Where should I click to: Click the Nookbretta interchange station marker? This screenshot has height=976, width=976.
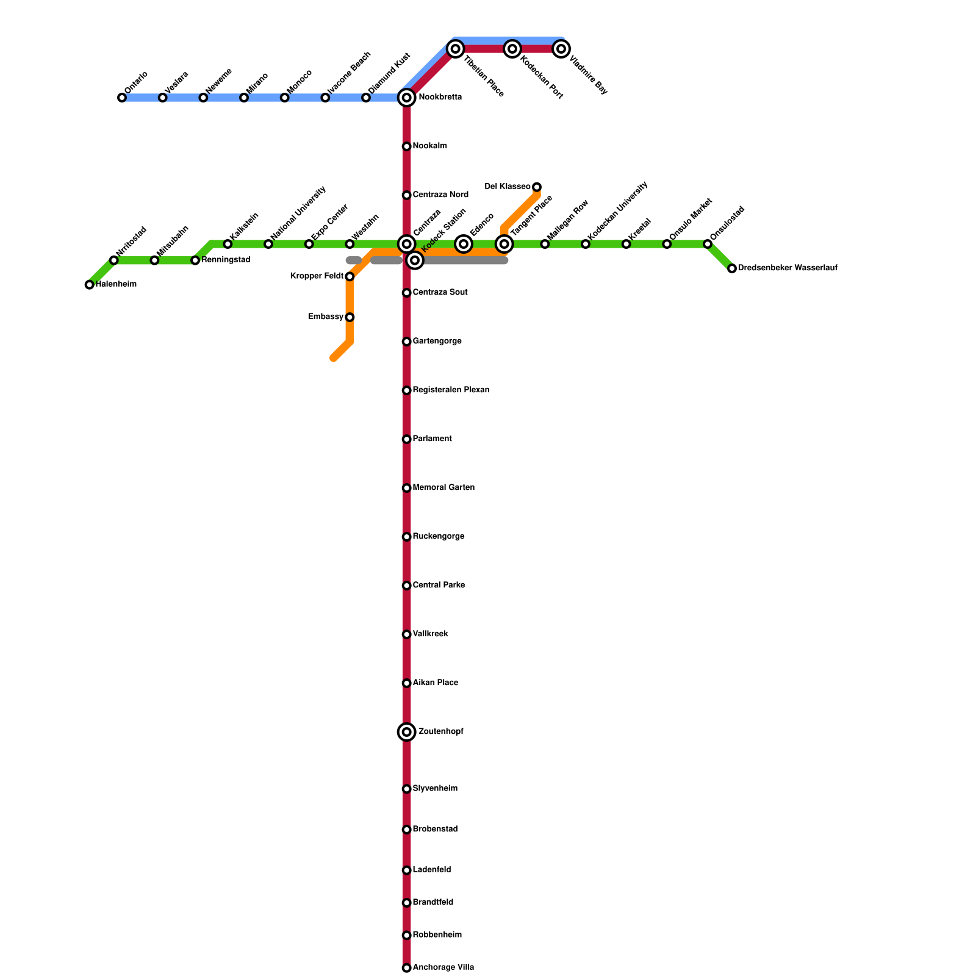(407, 98)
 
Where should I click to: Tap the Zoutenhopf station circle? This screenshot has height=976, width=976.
(407, 732)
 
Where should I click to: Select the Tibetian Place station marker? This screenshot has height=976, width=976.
(456, 49)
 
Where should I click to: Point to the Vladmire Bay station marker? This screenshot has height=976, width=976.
(562, 49)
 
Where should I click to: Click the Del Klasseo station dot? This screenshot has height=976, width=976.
(537, 187)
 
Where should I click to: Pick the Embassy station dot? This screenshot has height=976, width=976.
(350, 317)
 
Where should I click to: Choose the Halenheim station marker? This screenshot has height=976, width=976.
(90, 285)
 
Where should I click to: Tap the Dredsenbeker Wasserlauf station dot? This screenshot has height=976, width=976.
(732, 268)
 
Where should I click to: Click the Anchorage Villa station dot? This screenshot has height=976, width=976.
(407, 968)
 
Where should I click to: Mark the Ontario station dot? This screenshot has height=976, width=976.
(122, 98)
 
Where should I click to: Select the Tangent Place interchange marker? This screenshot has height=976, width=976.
(504, 244)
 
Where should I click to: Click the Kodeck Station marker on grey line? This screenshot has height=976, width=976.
(415, 260)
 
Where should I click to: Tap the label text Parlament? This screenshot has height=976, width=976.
(432, 439)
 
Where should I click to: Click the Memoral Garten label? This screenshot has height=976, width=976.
(443, 488)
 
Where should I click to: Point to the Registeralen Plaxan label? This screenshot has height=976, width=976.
(451, 390)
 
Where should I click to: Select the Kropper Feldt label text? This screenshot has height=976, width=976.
(317, 276)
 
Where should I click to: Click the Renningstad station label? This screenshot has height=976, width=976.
(226, 260)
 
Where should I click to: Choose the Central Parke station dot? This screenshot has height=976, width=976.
(407, 586)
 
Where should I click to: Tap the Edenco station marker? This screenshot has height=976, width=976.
(464, 244)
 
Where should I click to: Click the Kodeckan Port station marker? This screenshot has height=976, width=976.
(513, 49)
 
